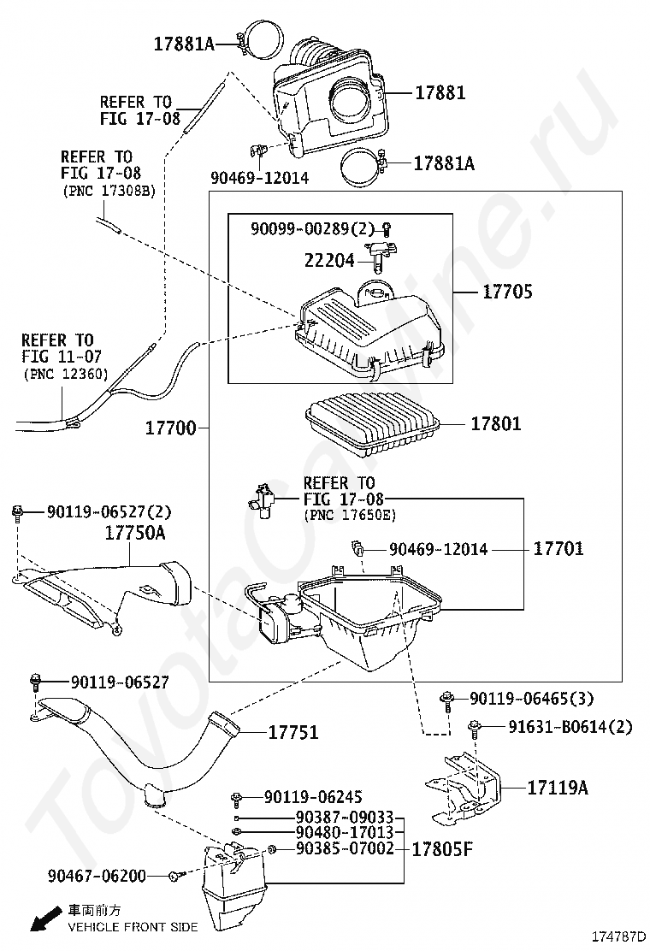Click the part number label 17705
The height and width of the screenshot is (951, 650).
[x=507, y=292]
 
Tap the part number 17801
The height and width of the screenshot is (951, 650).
[x=496, y=423]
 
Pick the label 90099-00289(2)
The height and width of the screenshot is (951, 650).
[x=312, y=228]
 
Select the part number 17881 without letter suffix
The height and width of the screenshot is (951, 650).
[x=440, y=92]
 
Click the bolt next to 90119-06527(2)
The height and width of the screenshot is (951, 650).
[x=17, y=513]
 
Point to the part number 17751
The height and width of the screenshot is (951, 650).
[x=293, y=732]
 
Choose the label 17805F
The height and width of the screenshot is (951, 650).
[x=441, y=849]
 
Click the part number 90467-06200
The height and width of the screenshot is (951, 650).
[x=97, y=876]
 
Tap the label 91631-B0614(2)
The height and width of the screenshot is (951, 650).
[x=570, y=727]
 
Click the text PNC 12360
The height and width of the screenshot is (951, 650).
[x=65, y=373]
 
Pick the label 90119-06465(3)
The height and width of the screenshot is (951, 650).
[x=530, y=700]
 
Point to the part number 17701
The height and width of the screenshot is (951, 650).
[x=558, y=549]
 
